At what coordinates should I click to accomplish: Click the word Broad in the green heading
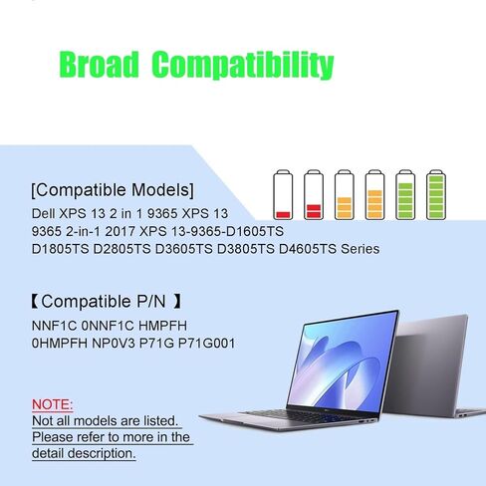99,65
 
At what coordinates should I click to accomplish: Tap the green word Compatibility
243,65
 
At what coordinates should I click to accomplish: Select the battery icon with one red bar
283,195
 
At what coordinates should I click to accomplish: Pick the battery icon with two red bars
314,195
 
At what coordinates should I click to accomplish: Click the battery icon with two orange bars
345,195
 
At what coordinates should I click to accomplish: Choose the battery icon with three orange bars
374,195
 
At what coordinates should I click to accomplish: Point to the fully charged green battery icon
436,195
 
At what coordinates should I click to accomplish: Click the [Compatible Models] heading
113,190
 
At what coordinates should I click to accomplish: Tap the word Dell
44,213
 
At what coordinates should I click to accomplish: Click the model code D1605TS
255,231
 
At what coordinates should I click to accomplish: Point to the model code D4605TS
308,249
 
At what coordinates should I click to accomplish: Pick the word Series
361,249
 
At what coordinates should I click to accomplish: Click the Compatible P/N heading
107,302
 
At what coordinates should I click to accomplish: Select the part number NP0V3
114,344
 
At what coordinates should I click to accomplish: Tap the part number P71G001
206,344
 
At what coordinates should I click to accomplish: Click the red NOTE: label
52,404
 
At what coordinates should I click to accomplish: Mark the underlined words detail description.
84,453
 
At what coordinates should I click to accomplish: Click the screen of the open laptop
343,361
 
